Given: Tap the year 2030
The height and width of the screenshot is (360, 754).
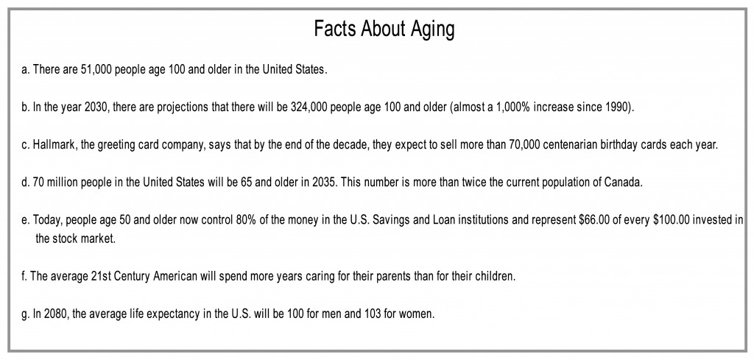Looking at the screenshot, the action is [97, 107].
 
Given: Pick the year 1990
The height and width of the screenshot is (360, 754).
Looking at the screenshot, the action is [617, 107].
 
